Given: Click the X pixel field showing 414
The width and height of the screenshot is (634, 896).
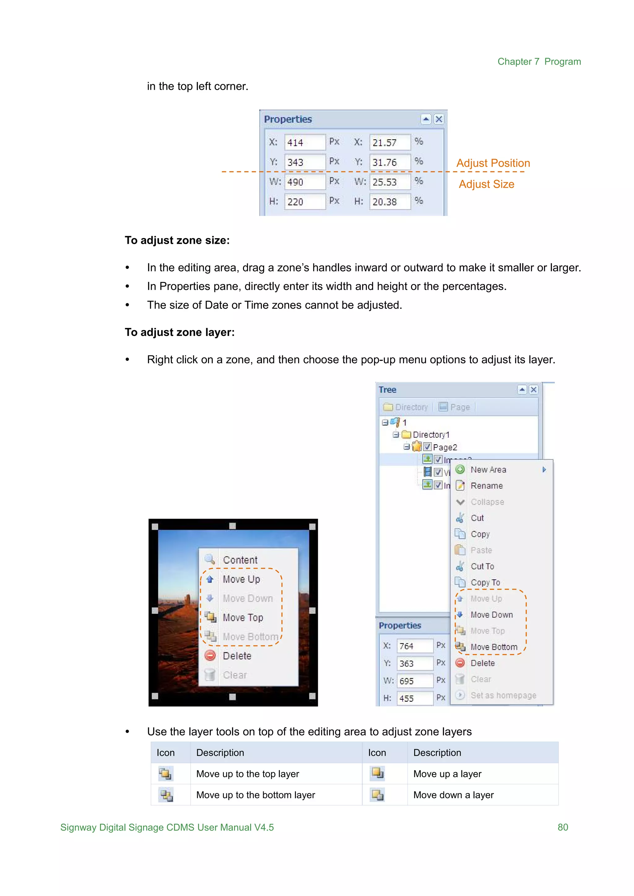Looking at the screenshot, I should click(305, 142).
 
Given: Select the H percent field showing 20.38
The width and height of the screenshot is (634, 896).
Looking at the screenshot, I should click(390, 202).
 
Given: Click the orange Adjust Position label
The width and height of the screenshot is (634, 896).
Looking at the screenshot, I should click(493, 163).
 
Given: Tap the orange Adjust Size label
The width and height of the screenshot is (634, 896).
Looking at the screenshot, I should click(486, 184).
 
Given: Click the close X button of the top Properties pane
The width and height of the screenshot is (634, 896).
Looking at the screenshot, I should click(439, 119).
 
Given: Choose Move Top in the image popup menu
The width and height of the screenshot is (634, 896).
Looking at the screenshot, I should click(243, 617).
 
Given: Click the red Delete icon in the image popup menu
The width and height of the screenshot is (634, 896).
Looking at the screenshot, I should click(210, 656).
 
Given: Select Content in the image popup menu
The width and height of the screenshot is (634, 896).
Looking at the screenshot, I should click(240, 560).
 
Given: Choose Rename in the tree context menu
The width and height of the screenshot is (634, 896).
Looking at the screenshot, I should click(486, 486).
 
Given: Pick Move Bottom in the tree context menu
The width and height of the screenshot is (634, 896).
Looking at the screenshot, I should click(493, 647).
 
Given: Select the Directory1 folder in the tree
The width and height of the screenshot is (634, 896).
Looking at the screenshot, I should click(431, 435).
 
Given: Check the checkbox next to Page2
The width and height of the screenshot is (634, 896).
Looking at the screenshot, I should click(427, 447).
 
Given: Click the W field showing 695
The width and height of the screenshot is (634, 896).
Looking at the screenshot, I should click(415, 681).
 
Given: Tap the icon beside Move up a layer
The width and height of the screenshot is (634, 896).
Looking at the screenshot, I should click(377, 773).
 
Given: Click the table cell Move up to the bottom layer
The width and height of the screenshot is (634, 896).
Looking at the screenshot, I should click(255, 795).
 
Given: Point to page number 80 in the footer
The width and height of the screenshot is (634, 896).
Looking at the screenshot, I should click(562, 827).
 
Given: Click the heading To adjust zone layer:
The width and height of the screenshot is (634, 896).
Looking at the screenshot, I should click(180, 332).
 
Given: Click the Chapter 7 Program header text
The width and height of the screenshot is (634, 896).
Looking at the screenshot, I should click(539, 62).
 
